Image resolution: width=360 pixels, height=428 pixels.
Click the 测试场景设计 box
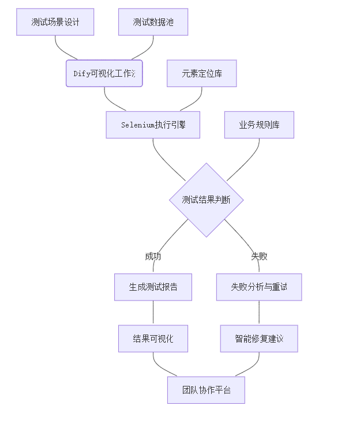[55, 22]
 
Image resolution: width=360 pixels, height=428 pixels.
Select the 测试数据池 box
[153, 22]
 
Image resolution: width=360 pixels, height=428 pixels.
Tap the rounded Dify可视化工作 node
[104, 73]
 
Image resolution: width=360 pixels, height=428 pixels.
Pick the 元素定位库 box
[202, 73]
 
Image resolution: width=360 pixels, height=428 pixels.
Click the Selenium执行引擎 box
[153, 125]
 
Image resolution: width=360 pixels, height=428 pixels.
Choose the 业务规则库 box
[259, 125]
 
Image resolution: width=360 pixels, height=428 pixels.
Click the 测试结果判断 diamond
[207, 200]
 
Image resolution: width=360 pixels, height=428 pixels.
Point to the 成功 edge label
[153, 256]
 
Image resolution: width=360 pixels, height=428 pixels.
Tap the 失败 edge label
[259, 256]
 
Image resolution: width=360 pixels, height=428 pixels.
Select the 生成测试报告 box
[153, 287]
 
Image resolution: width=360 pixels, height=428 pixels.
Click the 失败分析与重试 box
[259, 287]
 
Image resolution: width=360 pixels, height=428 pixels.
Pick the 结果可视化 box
[153, 339]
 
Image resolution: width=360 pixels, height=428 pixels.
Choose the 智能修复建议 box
[259, 339]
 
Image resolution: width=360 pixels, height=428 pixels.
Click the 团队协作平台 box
[206, 390]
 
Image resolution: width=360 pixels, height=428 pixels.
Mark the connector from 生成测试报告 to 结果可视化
[153, 313]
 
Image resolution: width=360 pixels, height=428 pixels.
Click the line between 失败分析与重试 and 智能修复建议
[259, 313]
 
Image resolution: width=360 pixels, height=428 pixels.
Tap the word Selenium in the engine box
[138, 125]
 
